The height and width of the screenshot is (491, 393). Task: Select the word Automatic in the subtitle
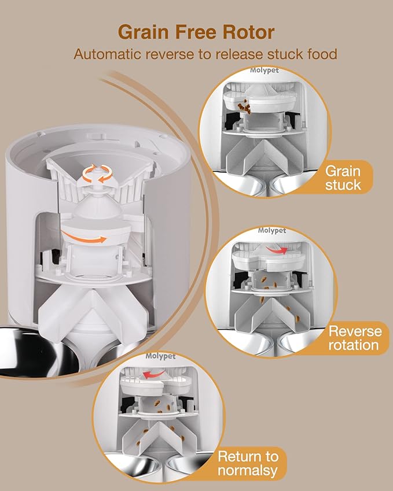pos(109,54)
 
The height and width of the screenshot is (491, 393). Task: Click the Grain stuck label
pos(343,178)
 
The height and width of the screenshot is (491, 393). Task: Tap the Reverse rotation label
pos(355,338)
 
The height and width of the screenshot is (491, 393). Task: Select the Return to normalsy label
pos(252,463)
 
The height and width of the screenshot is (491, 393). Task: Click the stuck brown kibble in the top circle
pos(244,106)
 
